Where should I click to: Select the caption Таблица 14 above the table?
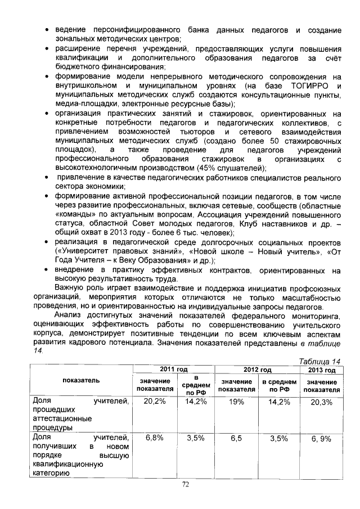(318, 361)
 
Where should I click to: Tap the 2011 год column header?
(174, 370)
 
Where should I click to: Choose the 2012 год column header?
(259, 370)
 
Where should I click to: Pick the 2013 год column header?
(322, 370)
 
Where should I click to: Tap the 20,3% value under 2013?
(322, 402)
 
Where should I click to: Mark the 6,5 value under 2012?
(236, 437)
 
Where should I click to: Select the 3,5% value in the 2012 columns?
(279, 437)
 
